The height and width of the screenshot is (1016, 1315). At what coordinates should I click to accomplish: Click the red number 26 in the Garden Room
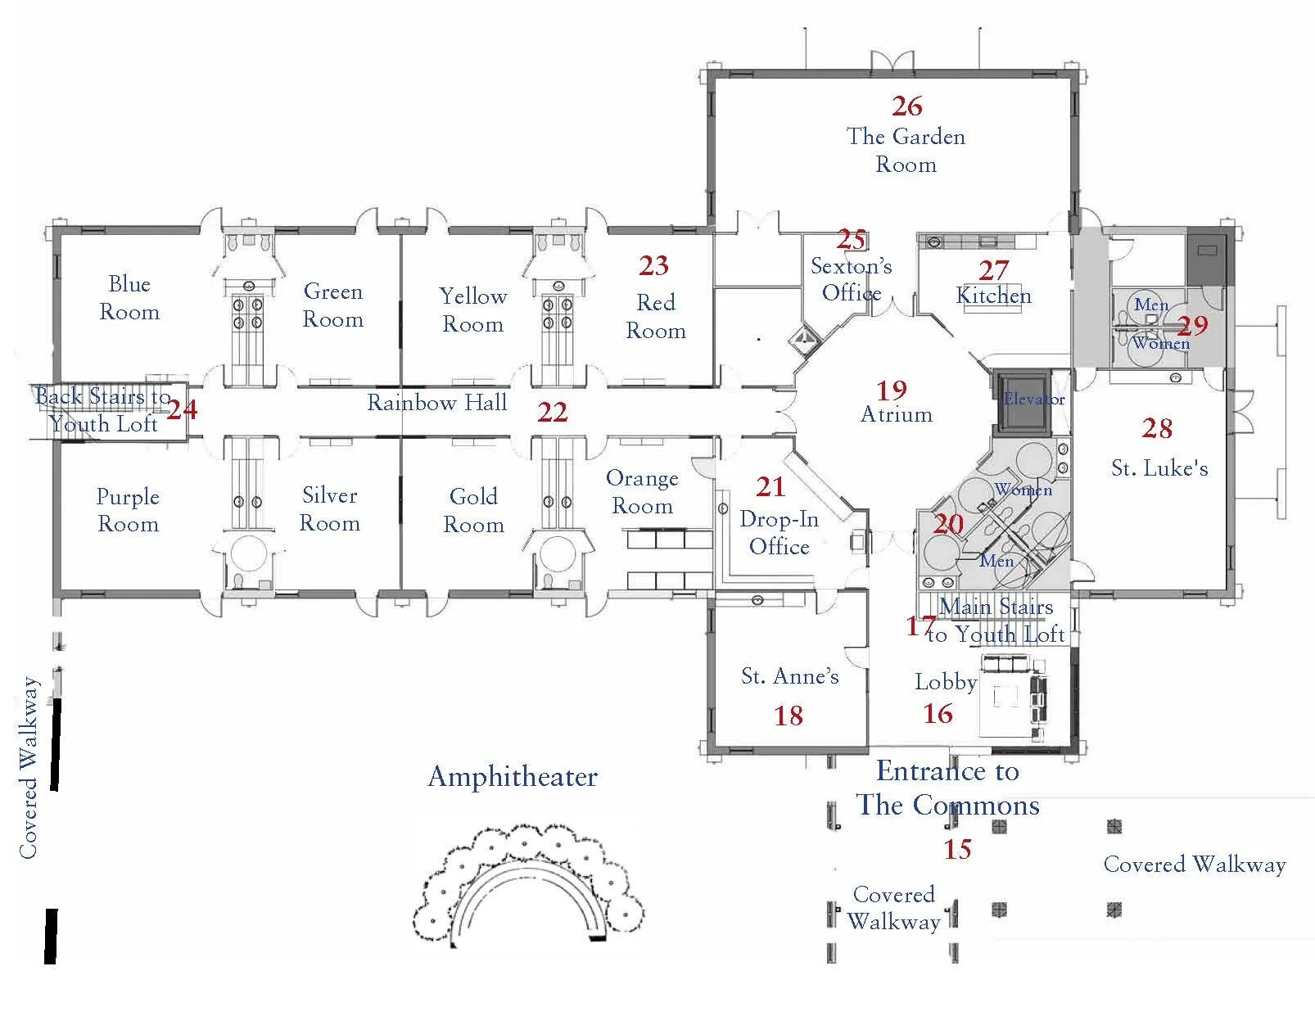[906, 106]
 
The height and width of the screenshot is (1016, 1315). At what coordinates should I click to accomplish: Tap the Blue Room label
[129, 298]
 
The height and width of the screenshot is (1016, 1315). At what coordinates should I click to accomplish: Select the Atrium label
[896, 414]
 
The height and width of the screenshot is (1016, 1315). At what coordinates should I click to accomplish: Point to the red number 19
[892, 391]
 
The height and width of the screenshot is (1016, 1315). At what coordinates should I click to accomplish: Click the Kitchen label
[993, 295]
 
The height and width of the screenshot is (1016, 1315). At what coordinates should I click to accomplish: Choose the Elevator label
[1034, 399]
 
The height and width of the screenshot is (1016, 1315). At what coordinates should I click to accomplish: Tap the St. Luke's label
[1159, 467]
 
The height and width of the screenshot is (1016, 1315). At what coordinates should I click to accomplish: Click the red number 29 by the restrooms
[1192, 326]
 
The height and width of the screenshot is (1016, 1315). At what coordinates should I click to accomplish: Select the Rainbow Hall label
[436, 402]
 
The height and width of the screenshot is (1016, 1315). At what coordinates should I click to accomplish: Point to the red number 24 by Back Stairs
[182, 409]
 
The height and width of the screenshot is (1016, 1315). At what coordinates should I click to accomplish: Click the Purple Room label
[128, 510]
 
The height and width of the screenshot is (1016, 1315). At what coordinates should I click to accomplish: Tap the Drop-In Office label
[779, 533]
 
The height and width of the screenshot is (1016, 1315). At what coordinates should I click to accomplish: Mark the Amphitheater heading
[513, 776]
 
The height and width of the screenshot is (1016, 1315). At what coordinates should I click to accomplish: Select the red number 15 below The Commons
[956, 849]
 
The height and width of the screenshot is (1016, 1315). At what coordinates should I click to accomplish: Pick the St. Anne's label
[789, 675]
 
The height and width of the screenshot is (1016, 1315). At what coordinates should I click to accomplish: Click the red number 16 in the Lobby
[938, 714]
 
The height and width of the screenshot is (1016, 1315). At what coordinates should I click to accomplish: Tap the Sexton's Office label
[851, 279]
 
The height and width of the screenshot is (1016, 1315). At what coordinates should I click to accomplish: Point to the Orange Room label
[642, 492]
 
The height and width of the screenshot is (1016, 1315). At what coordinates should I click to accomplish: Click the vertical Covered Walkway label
[29, 767]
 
